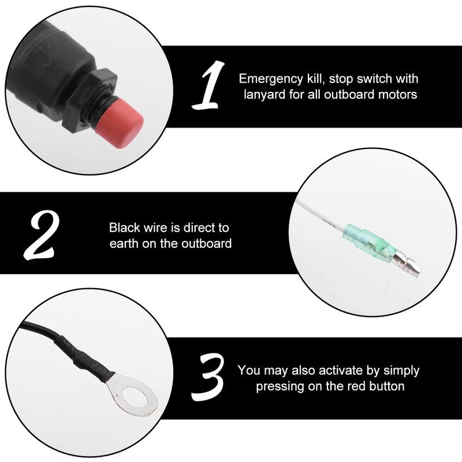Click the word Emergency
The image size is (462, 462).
[269, 79]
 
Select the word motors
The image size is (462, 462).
[398, 94]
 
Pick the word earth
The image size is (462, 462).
[125, 243]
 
